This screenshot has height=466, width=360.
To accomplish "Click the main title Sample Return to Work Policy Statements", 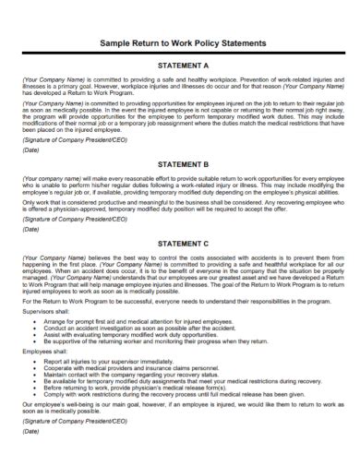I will pyautogui.click(x=179, y=43).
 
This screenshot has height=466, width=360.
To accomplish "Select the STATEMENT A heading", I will pyautogui.click(x=183, y=66).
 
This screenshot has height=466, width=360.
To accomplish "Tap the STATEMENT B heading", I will pyautogui.click(x=183, y=164).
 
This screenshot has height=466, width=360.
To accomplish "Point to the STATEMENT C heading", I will pyautogui.click(x=183, y=243).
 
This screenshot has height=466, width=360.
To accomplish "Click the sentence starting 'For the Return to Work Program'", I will pyautogui.click(x=175, y=301).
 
